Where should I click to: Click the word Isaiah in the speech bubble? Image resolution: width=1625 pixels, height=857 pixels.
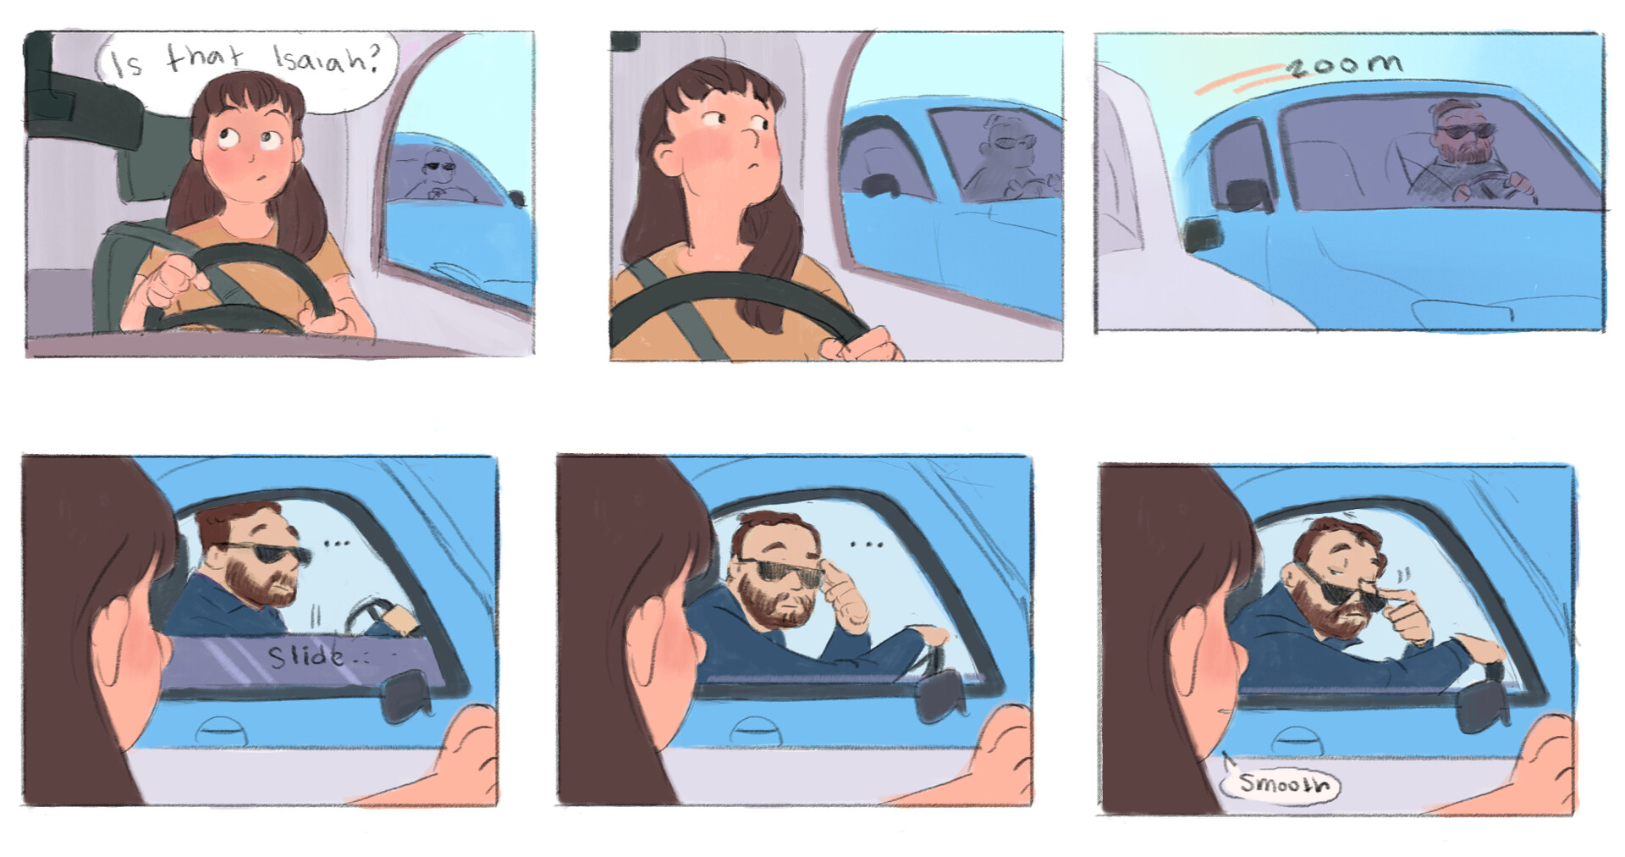323,59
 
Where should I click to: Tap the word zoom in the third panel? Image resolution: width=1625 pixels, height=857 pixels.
1346,64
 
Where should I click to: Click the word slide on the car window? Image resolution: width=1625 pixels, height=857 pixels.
306,656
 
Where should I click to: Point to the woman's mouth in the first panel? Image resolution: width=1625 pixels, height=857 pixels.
262,179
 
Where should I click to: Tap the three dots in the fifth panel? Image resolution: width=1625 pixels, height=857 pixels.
867,544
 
